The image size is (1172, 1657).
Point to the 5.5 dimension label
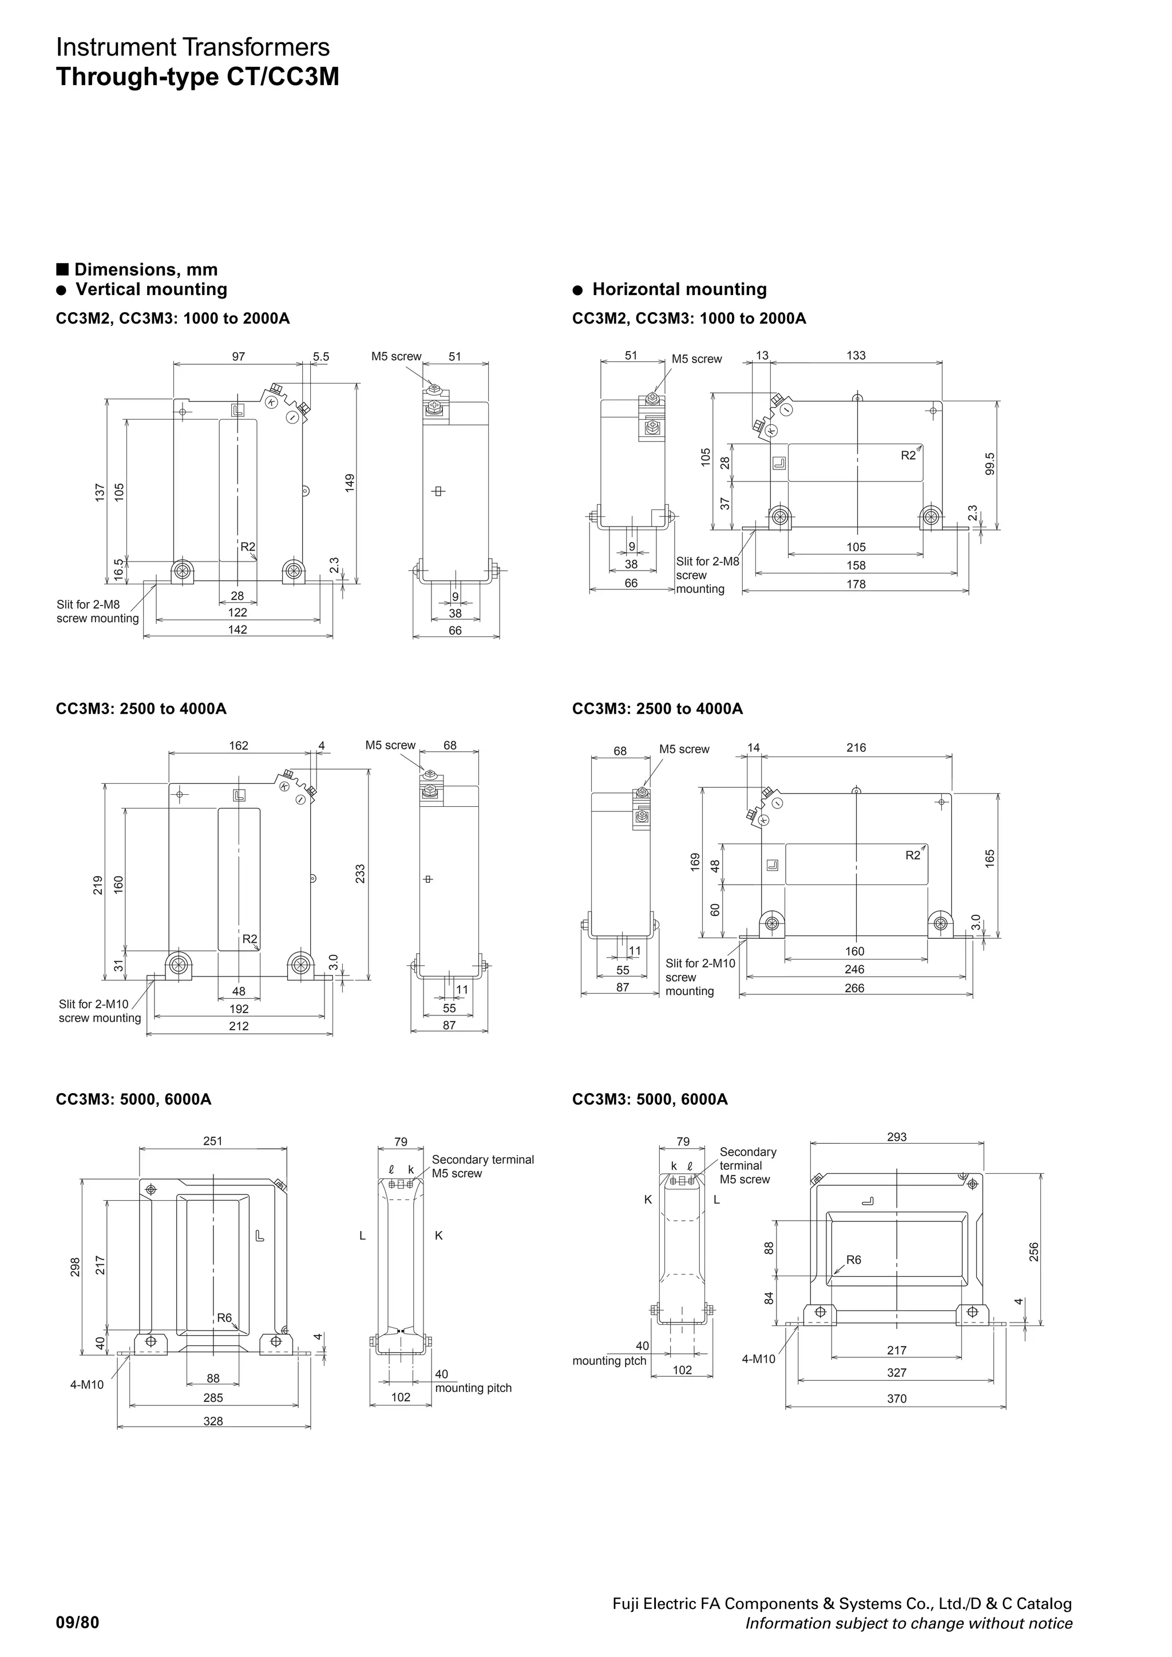point(320,357)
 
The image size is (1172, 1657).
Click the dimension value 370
point(896,1399)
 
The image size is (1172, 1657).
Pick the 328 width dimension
point(213,1421)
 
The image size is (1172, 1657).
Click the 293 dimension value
point(896,1137)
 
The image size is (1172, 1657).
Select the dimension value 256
point(1034,1252)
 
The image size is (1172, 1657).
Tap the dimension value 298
point(75,1266)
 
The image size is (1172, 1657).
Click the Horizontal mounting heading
point(679,289)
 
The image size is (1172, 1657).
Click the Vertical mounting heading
point(151,289)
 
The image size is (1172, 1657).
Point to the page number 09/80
point(77,1623)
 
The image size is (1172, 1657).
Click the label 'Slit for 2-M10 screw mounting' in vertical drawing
point(100,1010)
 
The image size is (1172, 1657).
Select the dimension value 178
point(856,584)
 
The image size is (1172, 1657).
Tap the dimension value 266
point(854,988)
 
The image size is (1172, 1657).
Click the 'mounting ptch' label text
point(609,1360)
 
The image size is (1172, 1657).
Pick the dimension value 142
point(237,630)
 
